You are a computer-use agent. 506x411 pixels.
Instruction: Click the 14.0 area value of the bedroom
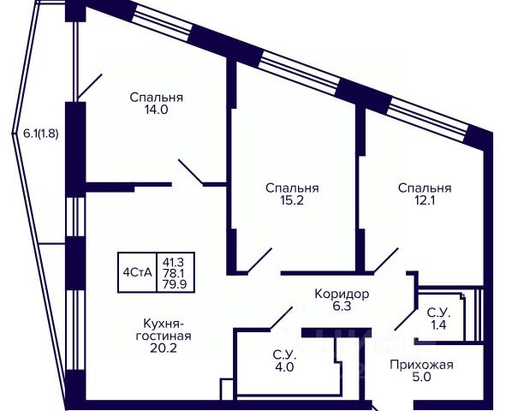(x=156, y=110)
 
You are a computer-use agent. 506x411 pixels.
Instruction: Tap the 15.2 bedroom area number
(x=292, y=200)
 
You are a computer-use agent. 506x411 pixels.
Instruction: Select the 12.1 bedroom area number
(x=425, y=200)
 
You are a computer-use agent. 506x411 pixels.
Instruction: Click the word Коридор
(x=342, y=294)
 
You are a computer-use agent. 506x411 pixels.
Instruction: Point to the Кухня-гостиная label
(x=164, y=330)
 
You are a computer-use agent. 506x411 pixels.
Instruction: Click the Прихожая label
(x=422, y=365)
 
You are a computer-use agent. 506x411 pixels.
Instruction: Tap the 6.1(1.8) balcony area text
(x=41, y=134)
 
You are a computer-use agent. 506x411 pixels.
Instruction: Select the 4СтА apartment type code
(x=138, y=272)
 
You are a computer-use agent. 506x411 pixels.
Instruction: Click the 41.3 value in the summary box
(x=176, y=261)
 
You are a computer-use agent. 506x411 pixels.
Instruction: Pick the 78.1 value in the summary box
(x=176, y=273)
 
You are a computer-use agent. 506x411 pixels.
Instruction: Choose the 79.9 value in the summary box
(x=176, y=285)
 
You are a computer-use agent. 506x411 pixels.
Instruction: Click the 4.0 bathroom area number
(x=284, y=367)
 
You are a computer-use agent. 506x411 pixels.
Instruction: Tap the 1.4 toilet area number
(x=439, y=325)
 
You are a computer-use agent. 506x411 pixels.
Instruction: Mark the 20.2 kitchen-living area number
(x=164, y=348)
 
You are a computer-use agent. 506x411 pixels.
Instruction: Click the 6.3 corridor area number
(x=342, y=306)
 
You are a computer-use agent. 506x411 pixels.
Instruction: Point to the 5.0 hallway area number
(x=422, y=377)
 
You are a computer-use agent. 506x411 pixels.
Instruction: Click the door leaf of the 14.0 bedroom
(x=191, y=172)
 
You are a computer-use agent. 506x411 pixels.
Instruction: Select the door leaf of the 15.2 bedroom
(x=259, y=259)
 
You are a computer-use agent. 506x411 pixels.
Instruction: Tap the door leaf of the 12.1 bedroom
(x=385, y=259)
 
